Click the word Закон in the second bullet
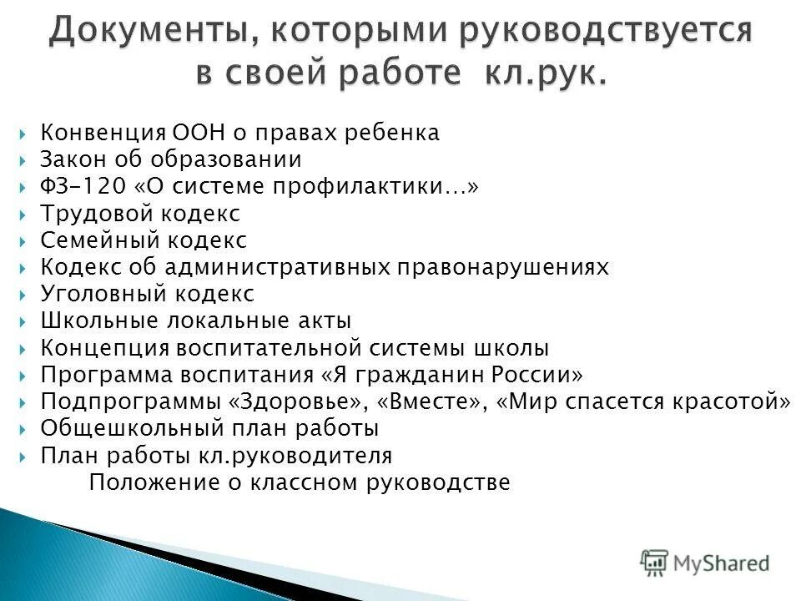70,159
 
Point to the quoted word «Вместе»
431,402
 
